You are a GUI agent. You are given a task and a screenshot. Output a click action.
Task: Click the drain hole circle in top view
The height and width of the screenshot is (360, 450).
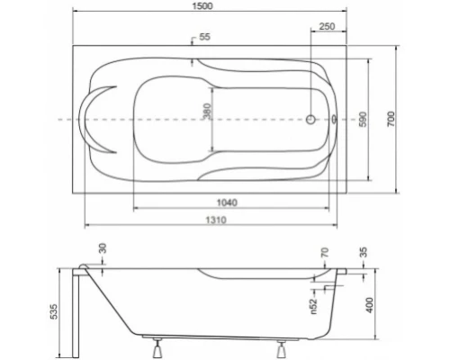[310, 119]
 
